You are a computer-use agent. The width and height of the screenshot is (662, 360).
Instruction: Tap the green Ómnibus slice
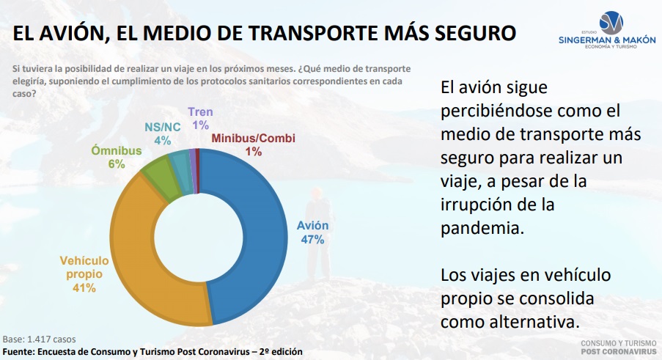click(161, 177)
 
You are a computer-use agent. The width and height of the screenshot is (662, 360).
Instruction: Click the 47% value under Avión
click(312, 240)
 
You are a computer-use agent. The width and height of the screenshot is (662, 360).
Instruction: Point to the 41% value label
click(84, 288)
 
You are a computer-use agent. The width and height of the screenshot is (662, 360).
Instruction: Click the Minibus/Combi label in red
click(254, 138)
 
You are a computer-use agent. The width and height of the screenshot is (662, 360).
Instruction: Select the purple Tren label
click(200, 112)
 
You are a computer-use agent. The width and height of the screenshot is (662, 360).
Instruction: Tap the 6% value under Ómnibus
click(117, 164)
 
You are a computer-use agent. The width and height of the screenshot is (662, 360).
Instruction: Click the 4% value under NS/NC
click(163, 141)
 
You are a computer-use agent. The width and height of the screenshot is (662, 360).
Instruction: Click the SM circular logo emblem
click(611, 23)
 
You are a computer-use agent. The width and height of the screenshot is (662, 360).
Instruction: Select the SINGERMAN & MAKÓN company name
click(607, 40)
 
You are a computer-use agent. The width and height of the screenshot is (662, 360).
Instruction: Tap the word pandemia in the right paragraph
click(482, 228)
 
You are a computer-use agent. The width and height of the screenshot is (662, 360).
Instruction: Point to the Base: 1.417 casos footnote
click(40, 339)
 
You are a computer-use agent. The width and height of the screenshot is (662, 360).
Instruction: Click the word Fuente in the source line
click(18, 351)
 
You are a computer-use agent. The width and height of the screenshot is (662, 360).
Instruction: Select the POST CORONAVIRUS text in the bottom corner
click(619, 351)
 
